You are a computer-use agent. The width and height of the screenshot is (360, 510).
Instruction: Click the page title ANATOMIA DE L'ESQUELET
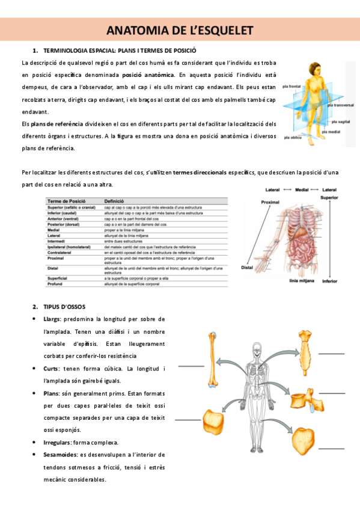point(180,30)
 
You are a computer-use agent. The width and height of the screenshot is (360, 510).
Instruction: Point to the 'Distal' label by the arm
point(246,267)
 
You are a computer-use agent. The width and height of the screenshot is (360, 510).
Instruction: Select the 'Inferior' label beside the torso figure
point(330,281)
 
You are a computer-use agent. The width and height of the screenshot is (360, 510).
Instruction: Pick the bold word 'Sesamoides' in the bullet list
point(60,455)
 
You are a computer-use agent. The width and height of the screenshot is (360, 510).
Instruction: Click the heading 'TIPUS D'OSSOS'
point(64,306)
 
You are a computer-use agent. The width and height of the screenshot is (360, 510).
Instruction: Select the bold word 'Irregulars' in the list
point(59,442)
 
